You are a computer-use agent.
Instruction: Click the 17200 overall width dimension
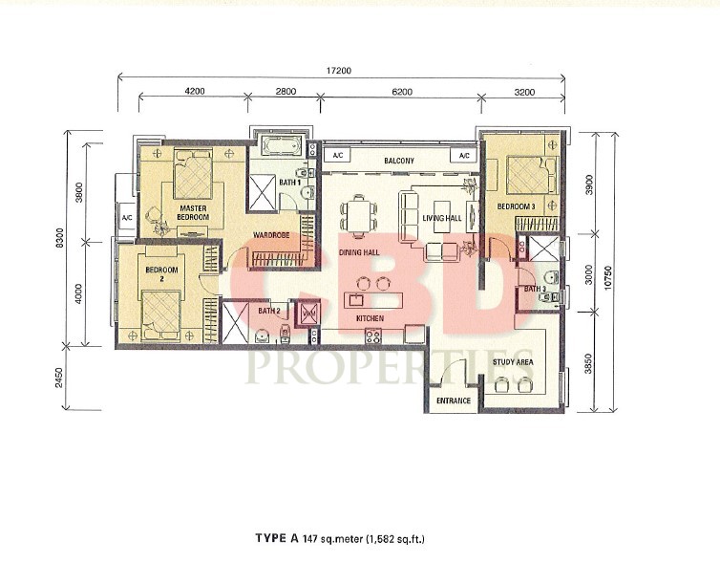click(x=338, y=71)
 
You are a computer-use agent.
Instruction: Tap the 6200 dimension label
click(x=402, y=92)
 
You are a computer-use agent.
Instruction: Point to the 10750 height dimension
click(x=608, y=277)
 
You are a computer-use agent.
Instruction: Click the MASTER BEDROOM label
click(x=193, y=213)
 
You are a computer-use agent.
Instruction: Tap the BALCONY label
click(x=399, y=161)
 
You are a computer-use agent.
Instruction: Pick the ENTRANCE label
click(x=454, y=401)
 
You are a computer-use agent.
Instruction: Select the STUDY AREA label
click(x=513, y=362)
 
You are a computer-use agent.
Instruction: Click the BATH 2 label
click(x=269, y=312)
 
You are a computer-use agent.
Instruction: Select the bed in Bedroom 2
click(x=160, y=315)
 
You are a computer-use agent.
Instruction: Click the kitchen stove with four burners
click(x=372, y=336)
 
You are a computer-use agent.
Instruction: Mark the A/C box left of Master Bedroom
click(x=127, y=217)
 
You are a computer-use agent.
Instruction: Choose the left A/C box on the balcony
click(x=337, y=156)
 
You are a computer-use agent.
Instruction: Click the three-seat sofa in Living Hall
click(x=409, y=215)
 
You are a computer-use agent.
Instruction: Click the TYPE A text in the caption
click(x=277, y=538)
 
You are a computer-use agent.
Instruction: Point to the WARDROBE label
click(x=271, y=235)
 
